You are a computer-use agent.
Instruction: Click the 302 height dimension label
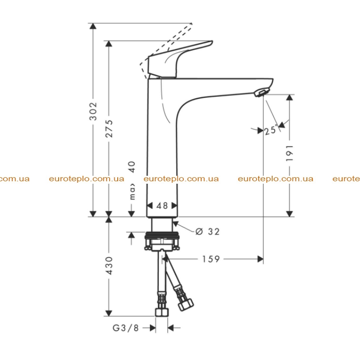(93, 111)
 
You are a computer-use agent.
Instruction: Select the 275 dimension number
(109, 129)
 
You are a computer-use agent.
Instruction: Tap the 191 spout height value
(289, 153)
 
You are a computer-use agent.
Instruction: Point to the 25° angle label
(271, 130)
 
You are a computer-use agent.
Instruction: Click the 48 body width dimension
(162, 206)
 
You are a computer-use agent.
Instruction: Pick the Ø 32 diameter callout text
(208, 231)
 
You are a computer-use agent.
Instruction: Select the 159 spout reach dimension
(211, 259)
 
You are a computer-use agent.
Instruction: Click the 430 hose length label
(109, 266)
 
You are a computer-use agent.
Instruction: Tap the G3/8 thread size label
(126, 328)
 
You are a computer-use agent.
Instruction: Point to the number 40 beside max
(132, 167)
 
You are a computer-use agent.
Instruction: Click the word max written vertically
(133, 192)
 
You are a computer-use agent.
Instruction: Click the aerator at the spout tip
(261, 93)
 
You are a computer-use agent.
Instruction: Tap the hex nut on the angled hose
(186, 305)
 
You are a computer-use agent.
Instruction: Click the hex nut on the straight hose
(162, 312)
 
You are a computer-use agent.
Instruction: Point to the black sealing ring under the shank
(162, 235)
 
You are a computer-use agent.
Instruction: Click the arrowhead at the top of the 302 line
(93, 26)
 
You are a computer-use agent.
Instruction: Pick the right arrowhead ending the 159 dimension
(260, 259)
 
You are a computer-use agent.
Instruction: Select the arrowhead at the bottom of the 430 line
(109, 313)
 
